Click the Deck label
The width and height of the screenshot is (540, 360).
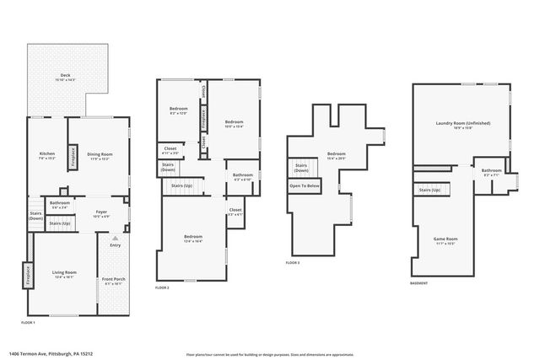click(x=65, y=76)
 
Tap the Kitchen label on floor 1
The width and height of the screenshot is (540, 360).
click(x=47, y=153)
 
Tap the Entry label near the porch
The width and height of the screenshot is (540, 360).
click(x=115, y=245)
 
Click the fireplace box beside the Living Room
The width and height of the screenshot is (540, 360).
click(x=27, y=276)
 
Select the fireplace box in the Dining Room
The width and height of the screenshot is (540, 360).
click(x=73, y=156)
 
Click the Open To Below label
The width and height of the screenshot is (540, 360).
click(x=305, y=185)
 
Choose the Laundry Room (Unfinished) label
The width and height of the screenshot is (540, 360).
click(x=462, y=124)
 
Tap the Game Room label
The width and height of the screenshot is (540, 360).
click(x=445, y=239)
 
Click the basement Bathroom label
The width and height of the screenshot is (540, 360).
click(x=492, y=171)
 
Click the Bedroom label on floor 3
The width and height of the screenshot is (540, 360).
click(x=337, y=153)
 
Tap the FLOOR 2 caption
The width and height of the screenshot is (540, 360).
click(x=162, y=288)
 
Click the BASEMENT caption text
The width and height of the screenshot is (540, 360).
click(x=418, y=283)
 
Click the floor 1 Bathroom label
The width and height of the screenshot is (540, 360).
click(x=59, y=203)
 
